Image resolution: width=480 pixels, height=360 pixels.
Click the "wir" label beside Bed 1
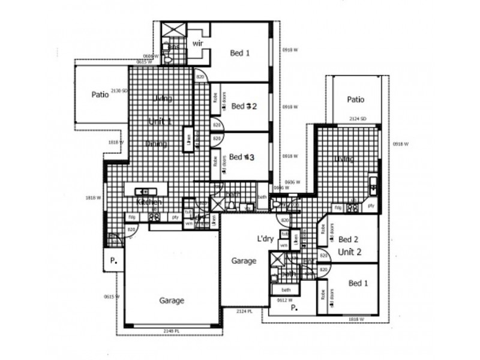click(198, 44)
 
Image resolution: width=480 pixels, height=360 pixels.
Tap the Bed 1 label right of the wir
click(240, 53)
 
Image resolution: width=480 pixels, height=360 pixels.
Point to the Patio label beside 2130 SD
click(100, 94)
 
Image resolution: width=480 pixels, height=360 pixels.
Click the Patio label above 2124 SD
click(356, 100)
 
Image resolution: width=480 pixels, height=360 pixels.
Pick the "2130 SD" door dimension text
click(120, 91)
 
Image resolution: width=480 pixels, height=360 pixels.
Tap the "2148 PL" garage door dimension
click(172, 331)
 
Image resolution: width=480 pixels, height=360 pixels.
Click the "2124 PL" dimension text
click(244, 311)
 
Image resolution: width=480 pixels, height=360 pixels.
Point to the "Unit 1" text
click(160, 122)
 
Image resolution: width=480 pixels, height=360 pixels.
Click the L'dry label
click(266, 239)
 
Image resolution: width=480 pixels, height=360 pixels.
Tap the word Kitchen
click(149, 202)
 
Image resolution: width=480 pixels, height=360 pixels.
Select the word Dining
click(157, 143)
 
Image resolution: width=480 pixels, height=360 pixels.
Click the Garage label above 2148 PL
click(172, 301)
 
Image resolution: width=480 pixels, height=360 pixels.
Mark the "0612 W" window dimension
click(284, 299)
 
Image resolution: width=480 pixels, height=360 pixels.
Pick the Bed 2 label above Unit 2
click(349, 238)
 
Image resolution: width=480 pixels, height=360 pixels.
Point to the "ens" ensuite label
click(173, 46)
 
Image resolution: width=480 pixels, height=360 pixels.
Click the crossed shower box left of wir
click(173, 30)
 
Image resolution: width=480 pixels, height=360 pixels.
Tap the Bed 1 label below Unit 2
click(358, 283)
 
